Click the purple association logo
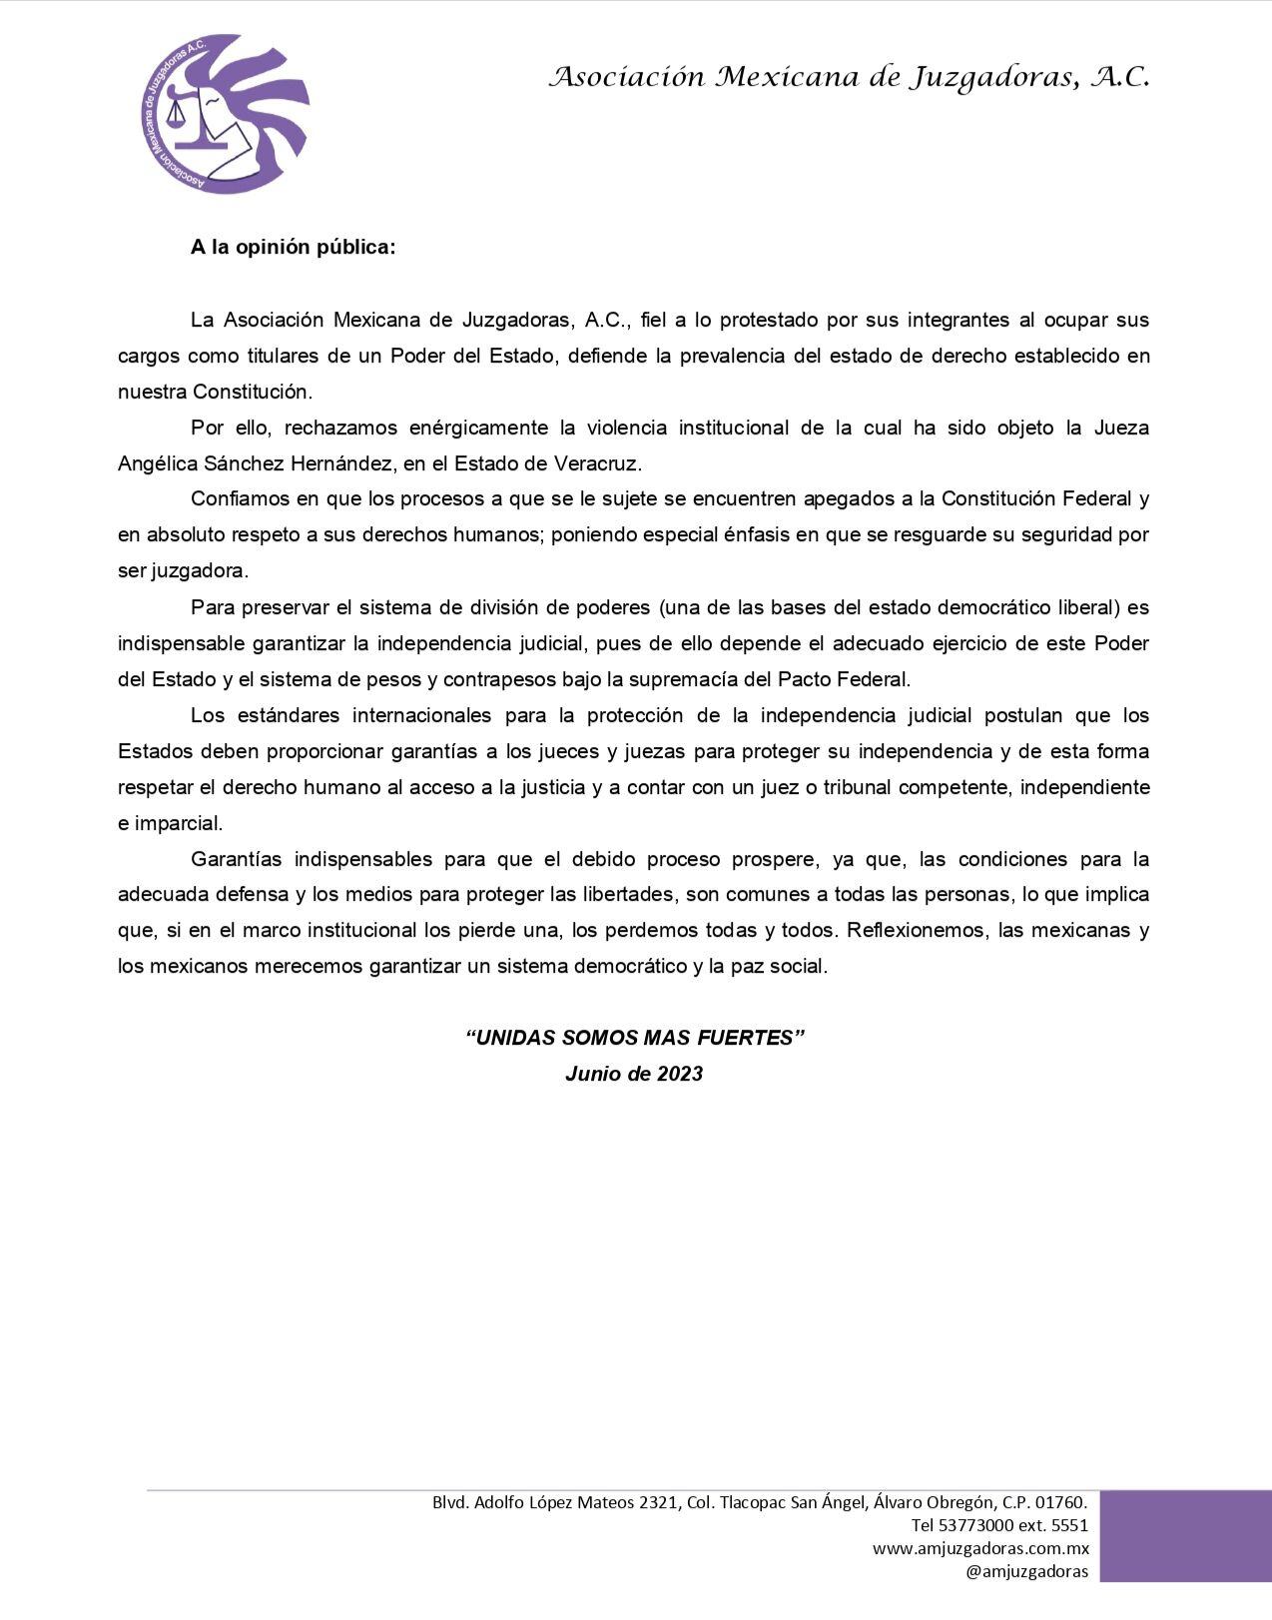[x=225, y=113]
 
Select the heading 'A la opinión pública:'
[x=293, y=248]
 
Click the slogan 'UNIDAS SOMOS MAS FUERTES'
[x=635, y=1038]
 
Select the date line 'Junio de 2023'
[x=634, y=1074]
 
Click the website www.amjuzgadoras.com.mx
[x=980, y=1549]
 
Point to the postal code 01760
[x=1059, y=1502]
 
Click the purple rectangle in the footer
[x=1185, y=1536]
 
